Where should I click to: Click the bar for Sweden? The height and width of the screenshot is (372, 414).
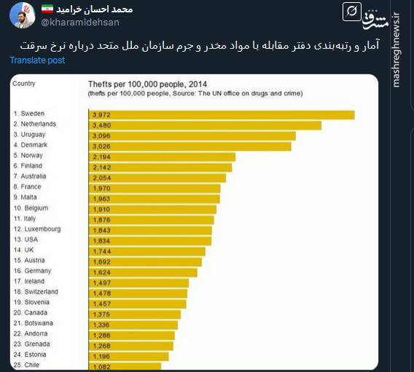click(x=221, y=114)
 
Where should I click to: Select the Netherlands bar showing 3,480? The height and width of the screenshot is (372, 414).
click(x=205, y=124)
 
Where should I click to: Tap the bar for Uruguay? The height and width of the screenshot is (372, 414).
click(x=192, y=135)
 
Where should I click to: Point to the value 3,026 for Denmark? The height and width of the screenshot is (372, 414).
click(x=101, y=146)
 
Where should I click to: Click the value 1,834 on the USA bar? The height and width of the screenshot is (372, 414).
click(x=101, y=240)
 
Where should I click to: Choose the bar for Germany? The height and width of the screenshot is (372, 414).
click(x=142, y=272)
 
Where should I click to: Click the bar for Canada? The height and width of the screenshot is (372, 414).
click(x=134, y=314)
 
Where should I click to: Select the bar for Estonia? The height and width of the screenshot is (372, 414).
click(x=128, y=356)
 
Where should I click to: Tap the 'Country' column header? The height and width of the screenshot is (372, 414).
click(x=24, y=84)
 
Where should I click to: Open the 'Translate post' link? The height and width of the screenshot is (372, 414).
click(x=37, y=60)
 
